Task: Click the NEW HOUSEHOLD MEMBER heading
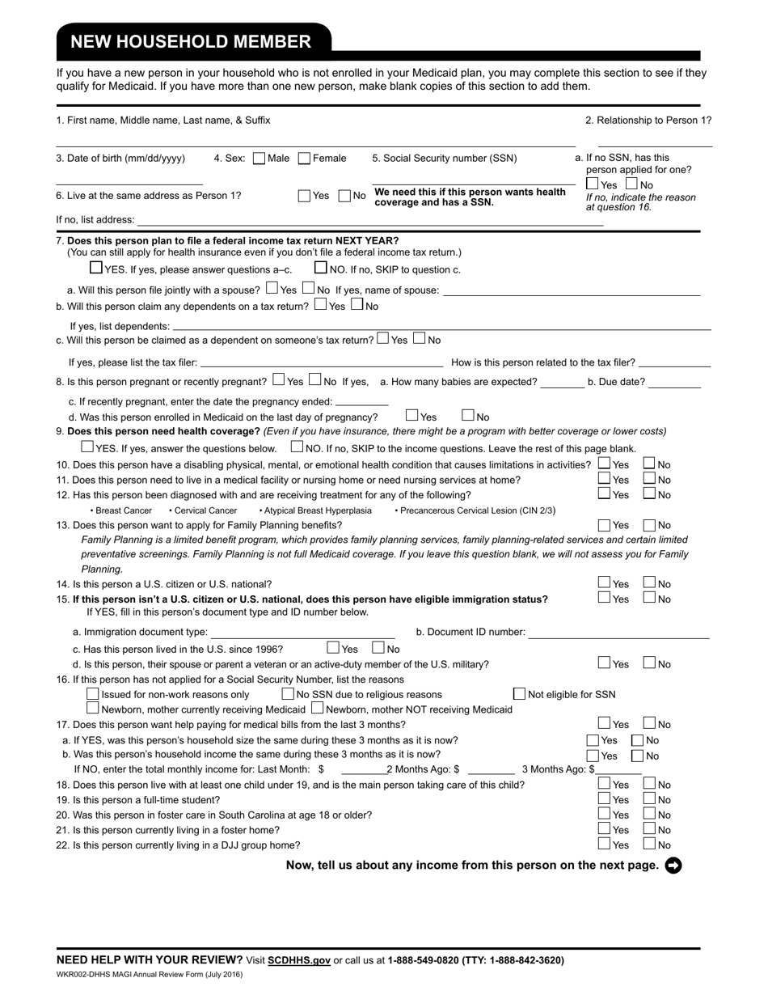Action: coord(190,42)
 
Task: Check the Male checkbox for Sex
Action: coord(260,159)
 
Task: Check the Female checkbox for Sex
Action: coord(305,159)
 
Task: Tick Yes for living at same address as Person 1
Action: coord(304,195)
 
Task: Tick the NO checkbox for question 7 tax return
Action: coord(321,268)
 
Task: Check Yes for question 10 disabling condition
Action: coord(604,464)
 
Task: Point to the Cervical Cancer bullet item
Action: coord(203,510)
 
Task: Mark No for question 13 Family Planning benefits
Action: coord(649,525)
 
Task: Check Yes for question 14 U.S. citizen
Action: coord(604,582)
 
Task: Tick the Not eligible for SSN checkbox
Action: coord(520,694)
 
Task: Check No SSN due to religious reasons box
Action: coord(288,694)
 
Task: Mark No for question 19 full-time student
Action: coord(649,799)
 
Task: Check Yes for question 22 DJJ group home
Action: coord(604,844)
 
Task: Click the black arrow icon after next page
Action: coord(673,866)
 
